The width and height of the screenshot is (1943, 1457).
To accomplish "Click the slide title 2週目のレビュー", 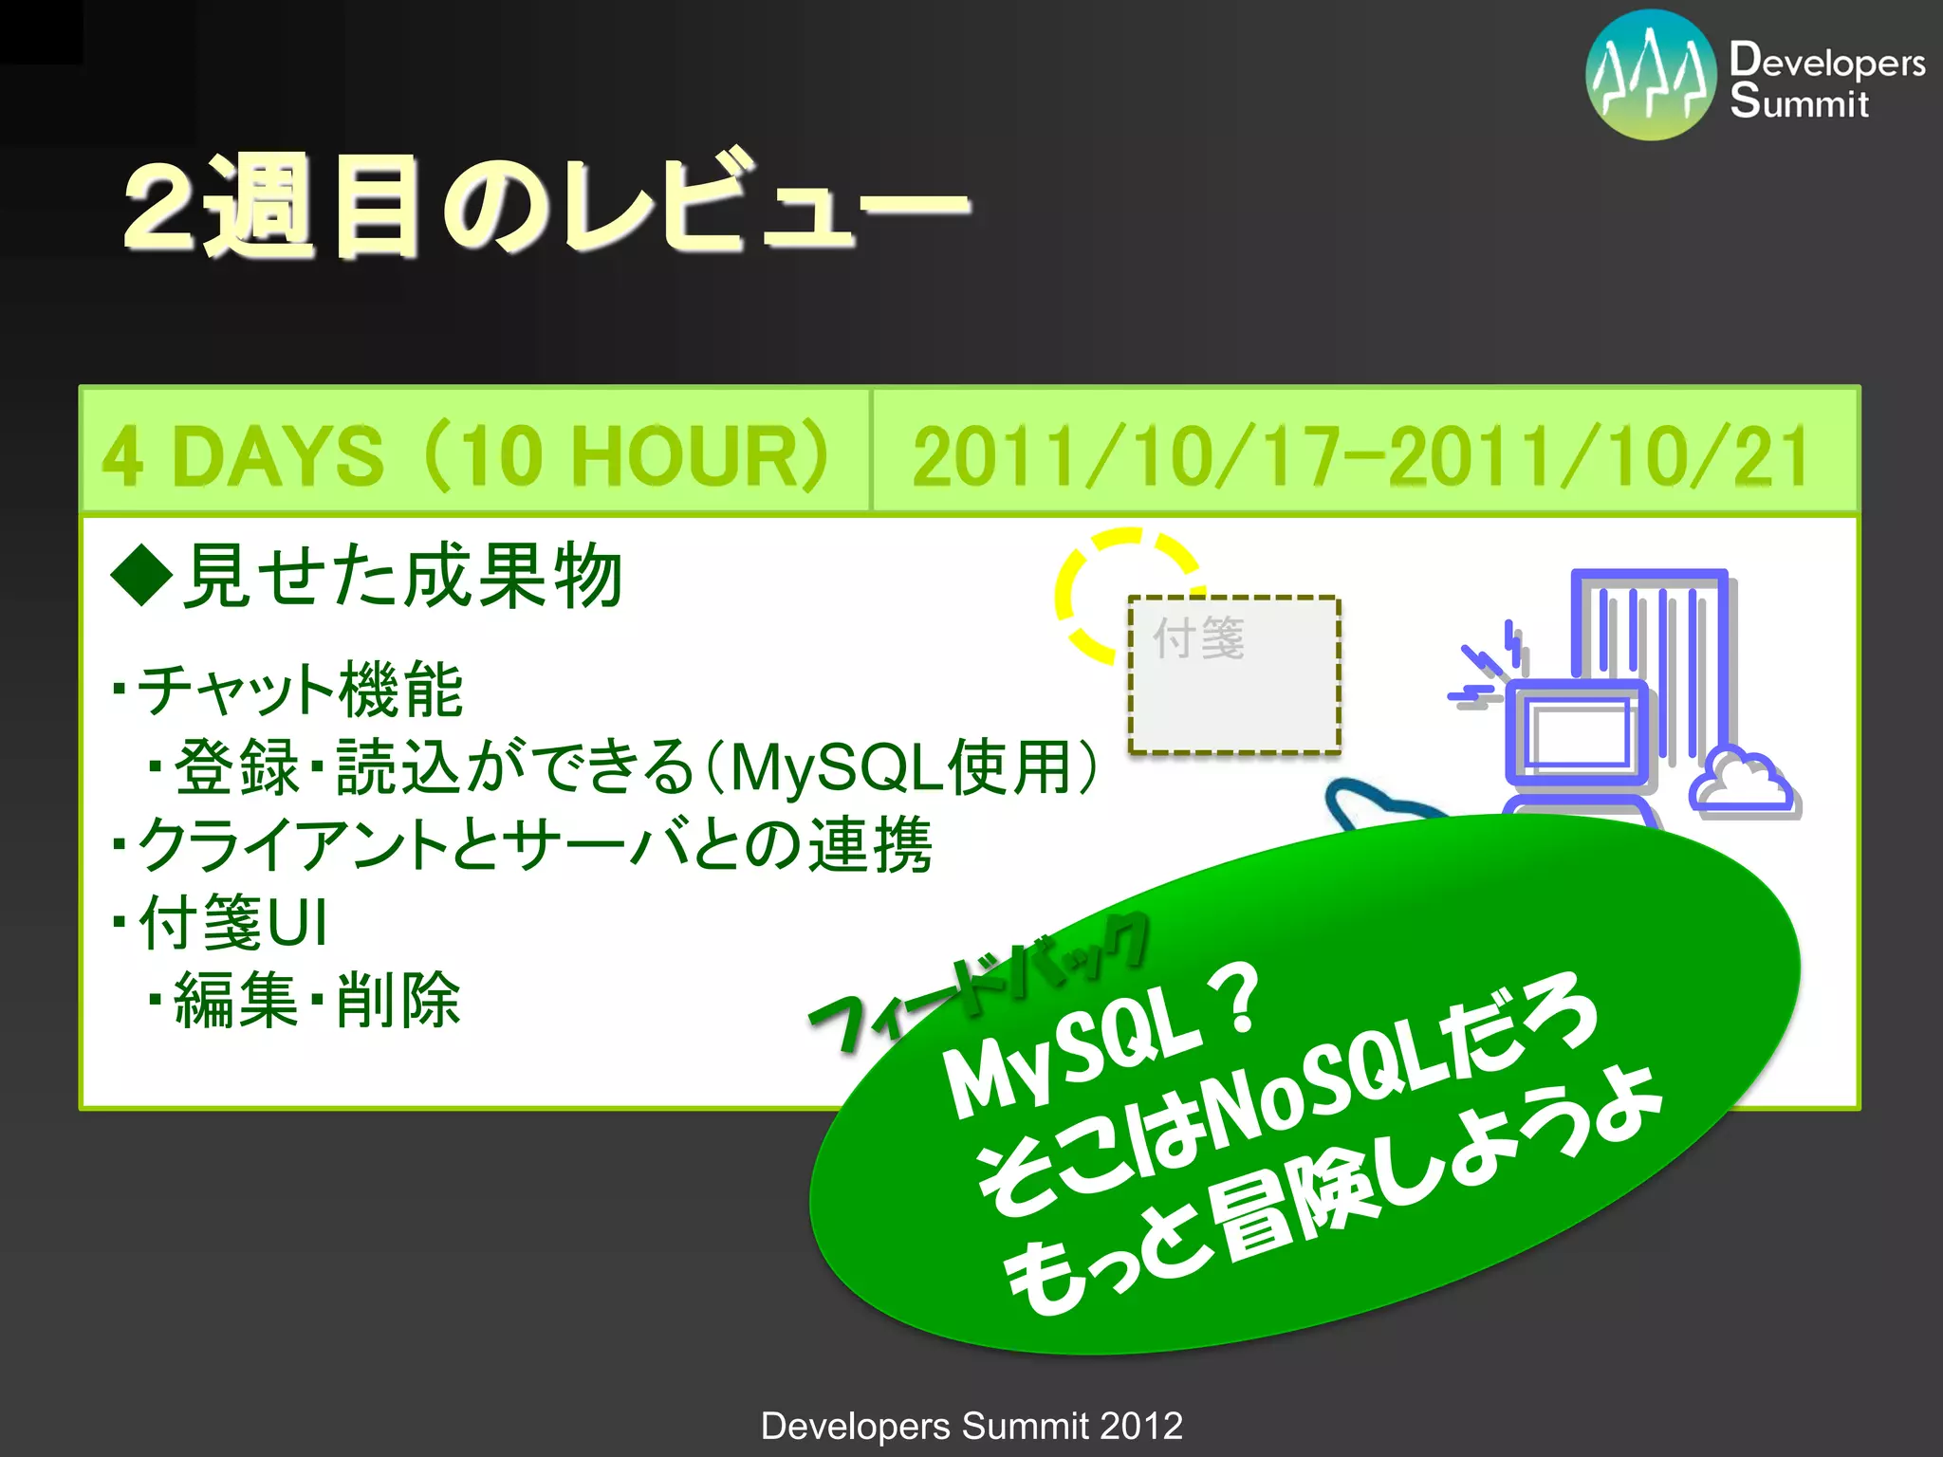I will point(546,207).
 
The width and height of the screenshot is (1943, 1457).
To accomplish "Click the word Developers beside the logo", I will point(1827,61).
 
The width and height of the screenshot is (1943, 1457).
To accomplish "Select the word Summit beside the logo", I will point(1799,102).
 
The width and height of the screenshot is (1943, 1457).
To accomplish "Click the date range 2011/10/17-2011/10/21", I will point(1360,456).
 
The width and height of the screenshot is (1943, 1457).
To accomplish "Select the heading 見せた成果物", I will point(402,577).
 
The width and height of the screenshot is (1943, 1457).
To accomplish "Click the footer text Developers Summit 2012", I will point(971,1426).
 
